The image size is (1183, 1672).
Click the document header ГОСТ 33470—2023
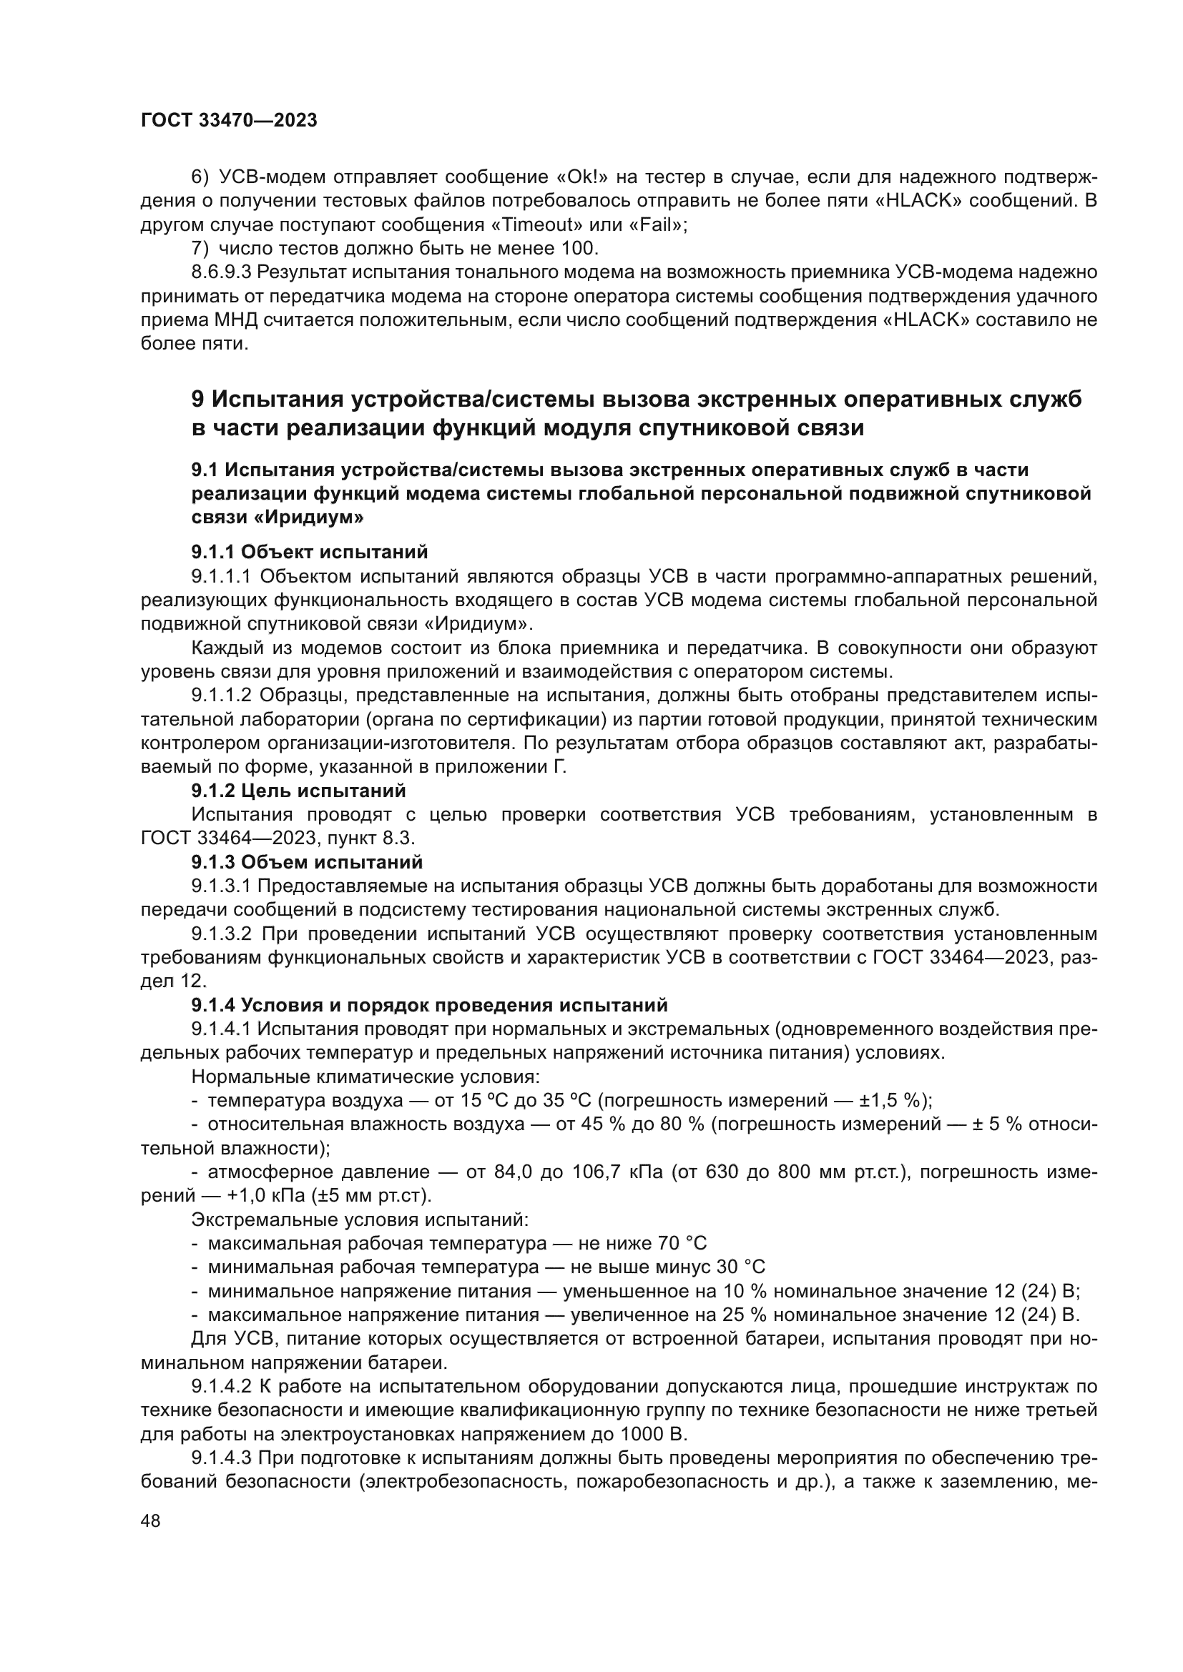click(x=229, y=121)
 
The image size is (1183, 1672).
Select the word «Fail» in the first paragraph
click(x=660, y=225)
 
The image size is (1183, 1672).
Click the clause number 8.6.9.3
click(x=221, y=273)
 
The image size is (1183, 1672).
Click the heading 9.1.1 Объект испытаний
click(x=310, y=552)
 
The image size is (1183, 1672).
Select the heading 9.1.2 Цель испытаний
click(x=299, y=790)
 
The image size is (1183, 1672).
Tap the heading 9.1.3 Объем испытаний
click(x=307, y=862)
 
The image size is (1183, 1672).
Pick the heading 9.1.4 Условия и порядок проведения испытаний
click(x=429, y=1005)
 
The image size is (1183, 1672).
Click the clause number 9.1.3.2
click(x=221, y=934)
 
